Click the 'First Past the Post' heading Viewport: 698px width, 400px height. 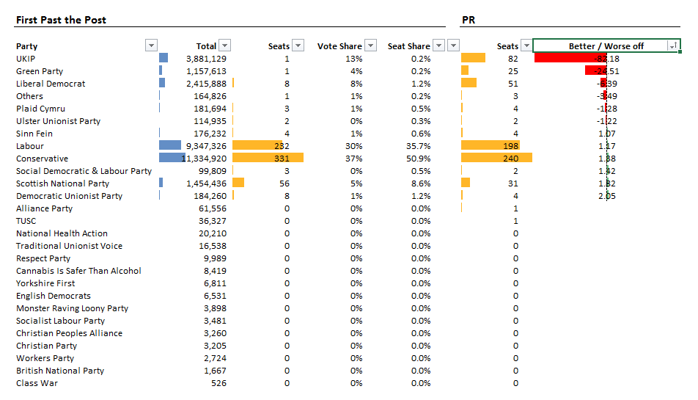coord(61,20)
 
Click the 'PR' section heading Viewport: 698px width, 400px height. coord(469,20)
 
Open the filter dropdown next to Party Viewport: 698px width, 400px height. coord(152,46)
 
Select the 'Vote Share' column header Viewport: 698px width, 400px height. coord(339,46)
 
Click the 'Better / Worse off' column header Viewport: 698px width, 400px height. coord(606,46)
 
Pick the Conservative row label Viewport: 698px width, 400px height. coord(42,159)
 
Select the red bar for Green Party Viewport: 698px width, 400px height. coord(595,70)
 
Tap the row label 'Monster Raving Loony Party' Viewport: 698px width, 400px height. coord(72,308)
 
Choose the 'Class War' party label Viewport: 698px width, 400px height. coord(37,383)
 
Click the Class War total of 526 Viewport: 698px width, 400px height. coord(218,383)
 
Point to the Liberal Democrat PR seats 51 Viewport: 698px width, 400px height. coord(513,84)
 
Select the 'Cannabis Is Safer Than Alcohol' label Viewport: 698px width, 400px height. coord(78,271)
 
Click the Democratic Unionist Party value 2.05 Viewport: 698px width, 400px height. coord(606,196)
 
